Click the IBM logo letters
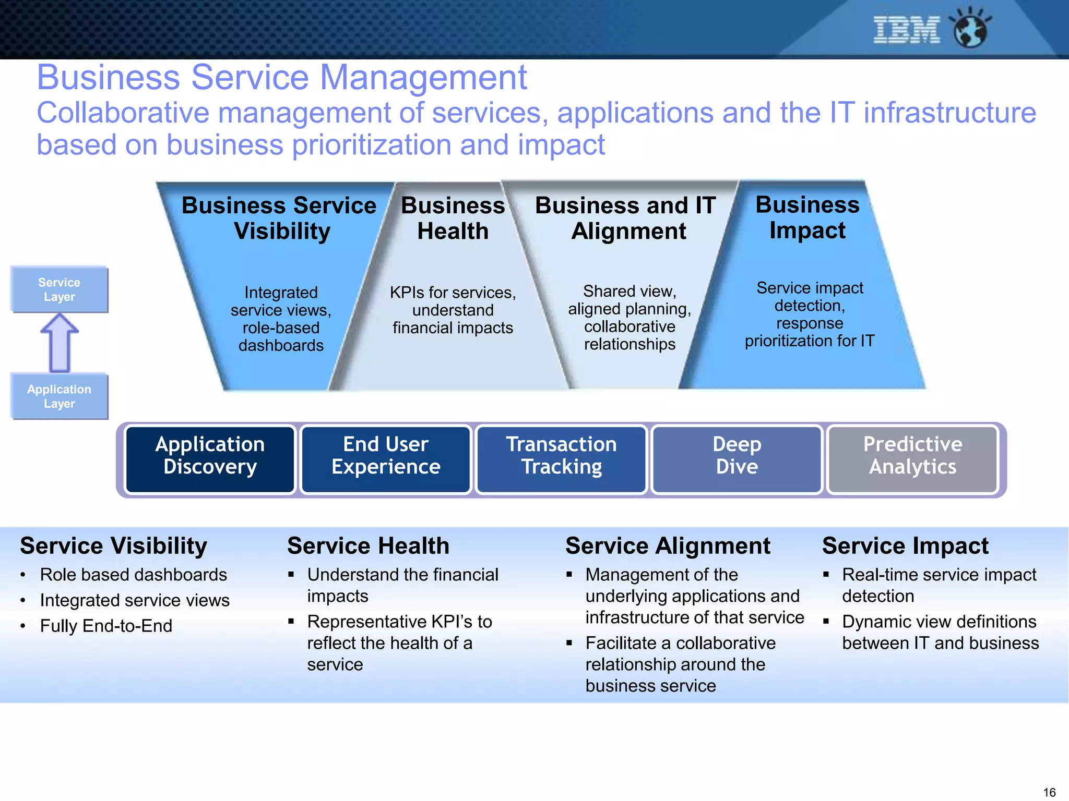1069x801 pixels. pyautogui.click(x=906, y=30)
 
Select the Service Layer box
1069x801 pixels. pyautogui.click(x=59, y=289)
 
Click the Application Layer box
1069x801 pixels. pyautogui.click(x=59, y=396)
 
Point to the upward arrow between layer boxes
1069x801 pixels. pyautogui.click(x=60, y=343)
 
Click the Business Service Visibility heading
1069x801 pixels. pyautogui.click(x=279, y=218)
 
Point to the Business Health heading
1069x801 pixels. pyautogui.click(x=453, y=218)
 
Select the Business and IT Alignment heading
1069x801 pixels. pyautogui.click(x=626, y=218)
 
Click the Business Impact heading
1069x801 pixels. pyautogui.click(x=807, y=217)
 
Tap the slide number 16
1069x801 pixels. pyautogui.click(x=1049, y=792)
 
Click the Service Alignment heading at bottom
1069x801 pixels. pyautogui.click(x=668, y=546)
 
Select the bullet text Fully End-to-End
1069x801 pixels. pyautogui.click(x=106, y=626)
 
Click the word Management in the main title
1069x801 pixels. pyautogui.click(x=423, y=78)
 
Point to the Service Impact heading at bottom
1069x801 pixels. pyautogui.click(x=905, y=546)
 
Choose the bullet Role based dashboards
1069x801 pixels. pyautogui.click(x=133, y=575)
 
